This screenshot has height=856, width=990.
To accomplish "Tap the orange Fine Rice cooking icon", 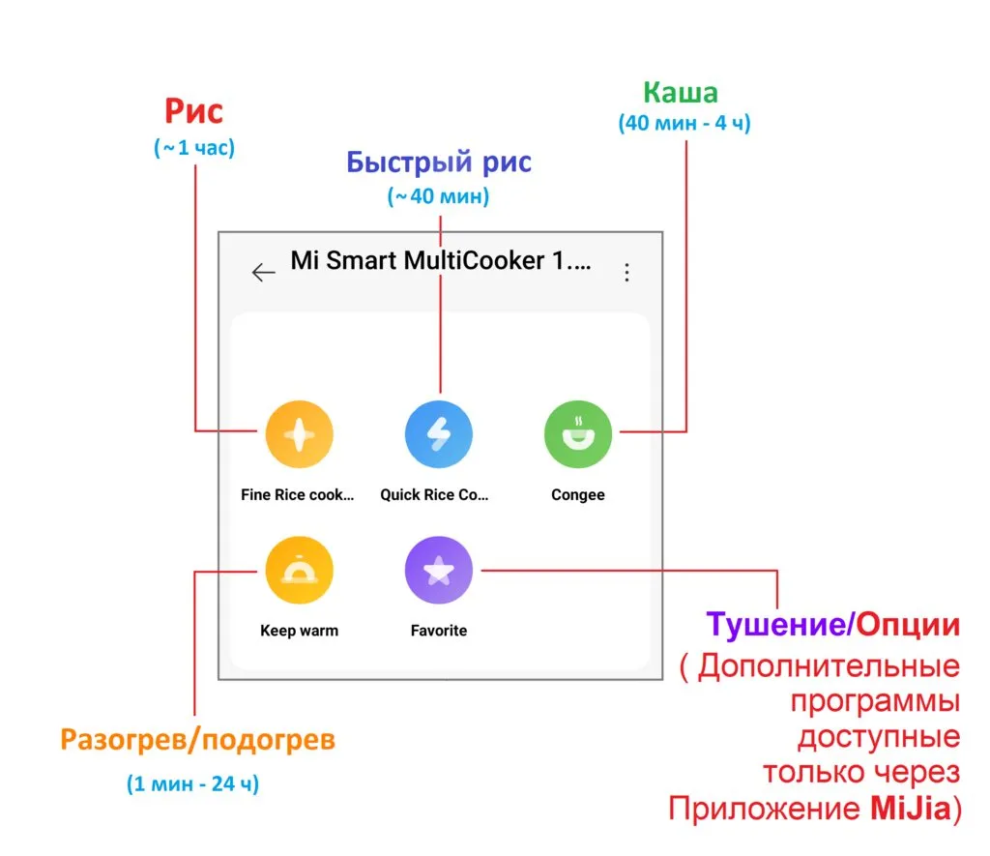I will click(299, 434).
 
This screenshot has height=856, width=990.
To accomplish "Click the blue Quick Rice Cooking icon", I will click(438, 434).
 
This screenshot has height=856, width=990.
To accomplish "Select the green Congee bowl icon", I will click(578, 434).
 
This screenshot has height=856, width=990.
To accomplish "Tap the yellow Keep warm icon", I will click(299, 571).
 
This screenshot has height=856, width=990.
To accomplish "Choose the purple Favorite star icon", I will click(438, 571).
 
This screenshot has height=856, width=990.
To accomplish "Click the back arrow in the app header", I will click(263, 272).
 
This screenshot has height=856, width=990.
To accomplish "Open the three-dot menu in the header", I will click(626, 272).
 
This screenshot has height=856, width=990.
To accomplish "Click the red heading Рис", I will click(193, 112).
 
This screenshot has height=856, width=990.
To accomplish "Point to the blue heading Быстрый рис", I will click(439, 162).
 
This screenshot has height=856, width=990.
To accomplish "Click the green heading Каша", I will click(681, 93).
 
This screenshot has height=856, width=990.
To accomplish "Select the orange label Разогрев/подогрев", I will click(197, 741).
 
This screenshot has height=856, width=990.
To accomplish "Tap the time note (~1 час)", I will click(193, 149).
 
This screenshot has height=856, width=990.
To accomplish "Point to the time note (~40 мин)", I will click(439, 196).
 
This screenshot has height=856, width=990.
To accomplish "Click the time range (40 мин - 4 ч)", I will click(684, 124).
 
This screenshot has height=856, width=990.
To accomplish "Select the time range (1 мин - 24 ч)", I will click(192, 783).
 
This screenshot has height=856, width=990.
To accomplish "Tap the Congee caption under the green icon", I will click(578, 495).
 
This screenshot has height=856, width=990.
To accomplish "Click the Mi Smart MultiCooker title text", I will click(442, 260).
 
